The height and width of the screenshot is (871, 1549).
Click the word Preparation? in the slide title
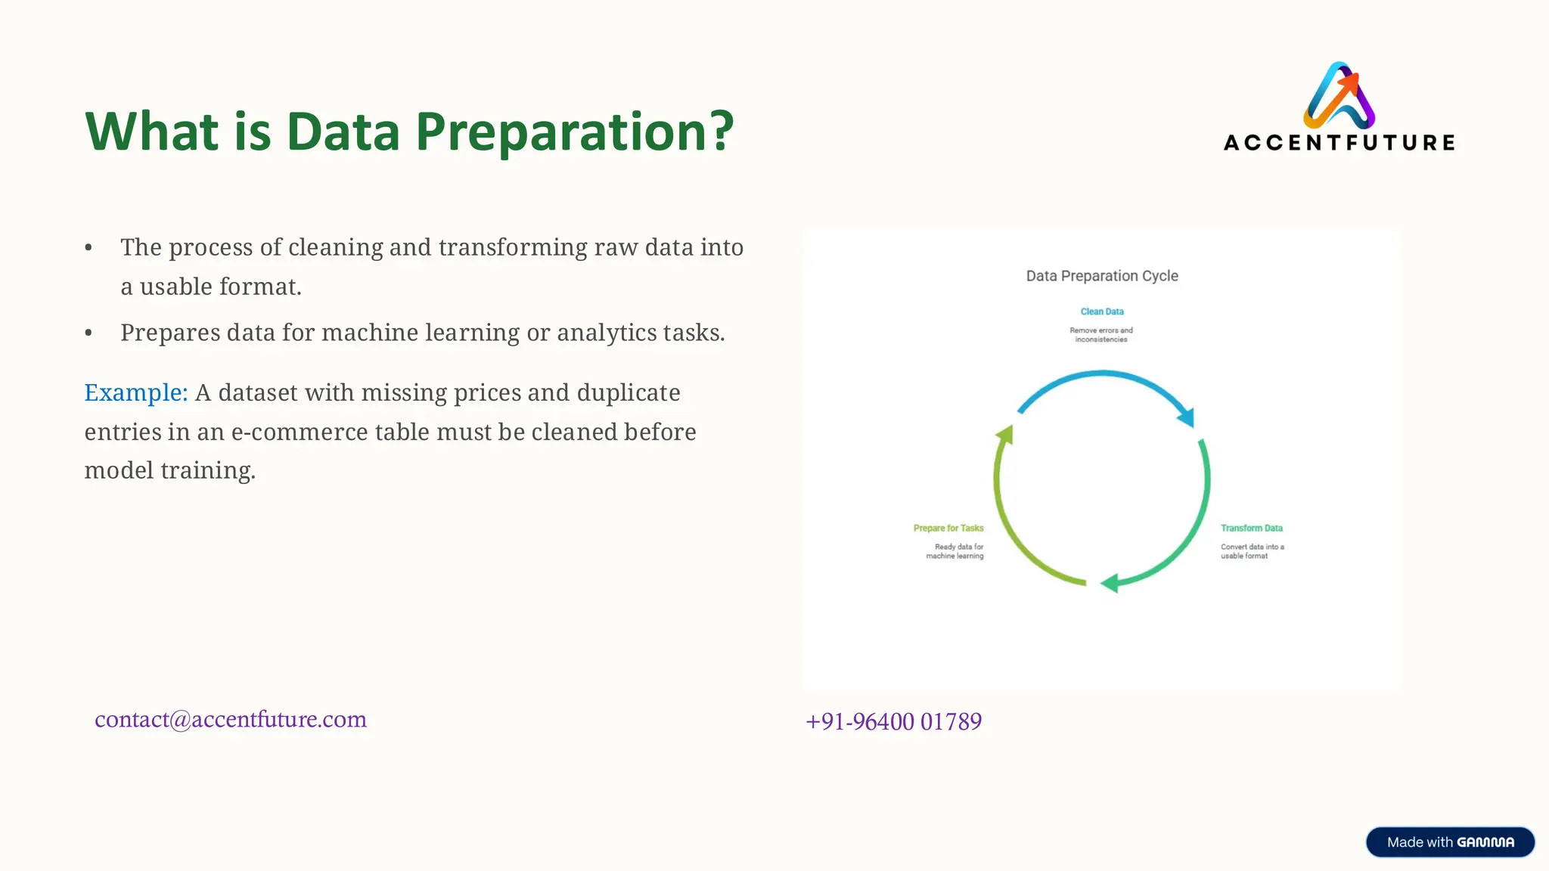[575, 132]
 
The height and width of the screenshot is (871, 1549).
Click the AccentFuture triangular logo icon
[1339, 97]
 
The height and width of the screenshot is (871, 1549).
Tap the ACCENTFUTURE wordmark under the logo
[1339, 143]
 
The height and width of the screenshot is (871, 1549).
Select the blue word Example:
[136, 393]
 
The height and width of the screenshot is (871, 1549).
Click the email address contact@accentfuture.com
[231, 719]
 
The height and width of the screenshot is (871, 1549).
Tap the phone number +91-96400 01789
[893, 721]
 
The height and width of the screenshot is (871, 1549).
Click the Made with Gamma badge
[1450, 842]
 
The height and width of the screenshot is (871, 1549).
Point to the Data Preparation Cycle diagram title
[1102, 276]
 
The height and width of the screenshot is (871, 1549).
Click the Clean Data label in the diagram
[1102, 312]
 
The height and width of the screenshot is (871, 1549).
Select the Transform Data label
[1251, 528]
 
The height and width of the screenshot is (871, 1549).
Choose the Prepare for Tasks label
[948, 528]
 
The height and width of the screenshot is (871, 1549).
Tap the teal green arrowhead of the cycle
[1110, 584]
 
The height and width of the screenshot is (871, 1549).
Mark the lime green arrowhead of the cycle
[1005, 434]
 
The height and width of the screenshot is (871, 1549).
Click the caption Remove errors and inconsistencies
[1101, 335]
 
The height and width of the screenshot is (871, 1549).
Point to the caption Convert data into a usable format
[1252, 551]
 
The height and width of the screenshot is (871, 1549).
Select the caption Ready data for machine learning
[956, 551]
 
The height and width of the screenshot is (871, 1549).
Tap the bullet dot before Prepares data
[89, 333]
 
